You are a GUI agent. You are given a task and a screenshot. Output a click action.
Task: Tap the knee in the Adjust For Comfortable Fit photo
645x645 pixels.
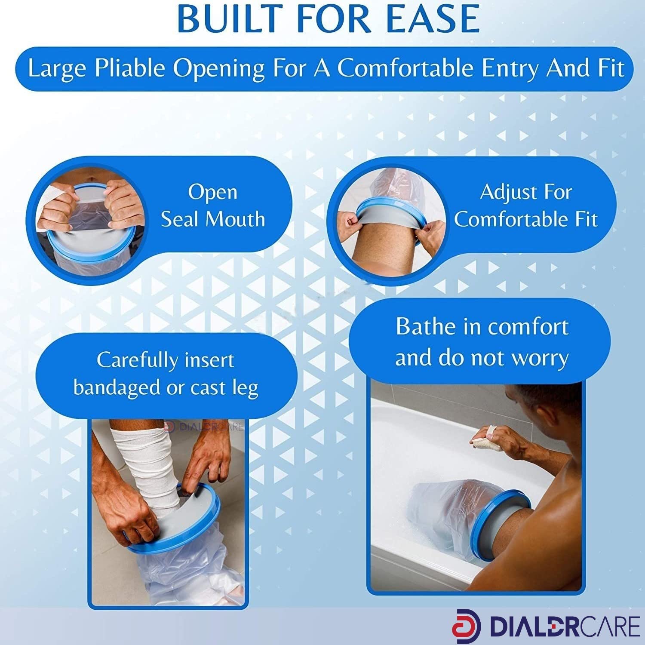pyautogui.click(x=378, y=241)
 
